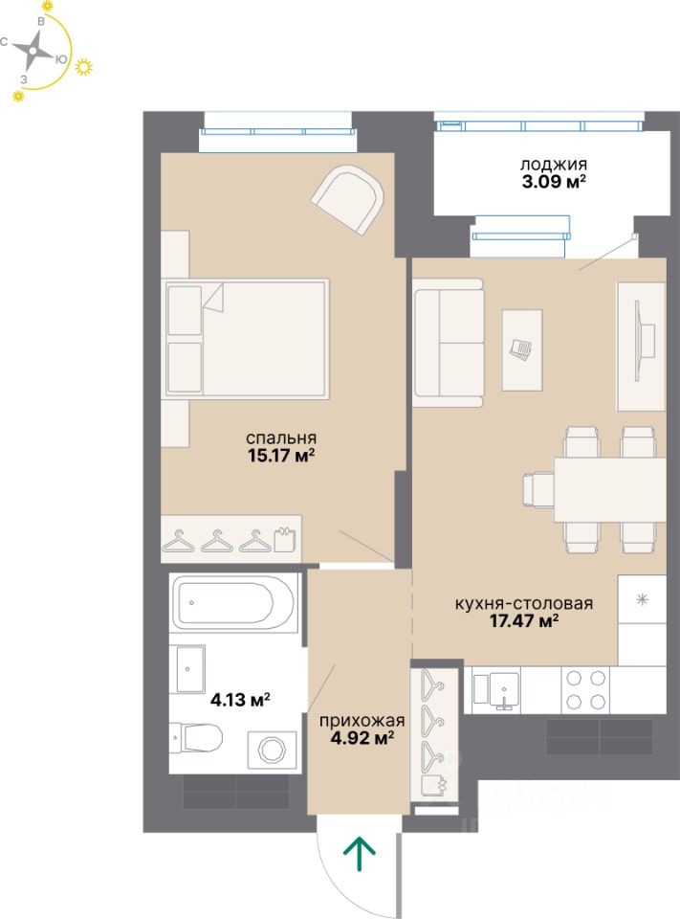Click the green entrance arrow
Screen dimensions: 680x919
pos(359,854)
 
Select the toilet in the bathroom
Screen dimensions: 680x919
pos(196,737)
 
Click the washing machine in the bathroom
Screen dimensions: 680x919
pos(272,749)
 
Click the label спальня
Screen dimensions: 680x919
pos(281,437)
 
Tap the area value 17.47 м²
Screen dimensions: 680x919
pos(523,620)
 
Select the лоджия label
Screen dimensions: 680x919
pos(554,165)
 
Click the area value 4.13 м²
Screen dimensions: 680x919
pos(240,699)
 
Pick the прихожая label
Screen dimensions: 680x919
pos(362,721)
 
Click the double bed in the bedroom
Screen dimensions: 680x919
pos(246,339)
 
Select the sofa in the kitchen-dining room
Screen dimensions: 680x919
pos(449,343)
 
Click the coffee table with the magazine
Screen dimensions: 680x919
pos(522,350)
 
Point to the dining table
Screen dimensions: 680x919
pos(609,489)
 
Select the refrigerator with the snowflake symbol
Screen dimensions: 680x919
pos(642,619)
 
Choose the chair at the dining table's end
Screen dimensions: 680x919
pos(538,489)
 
